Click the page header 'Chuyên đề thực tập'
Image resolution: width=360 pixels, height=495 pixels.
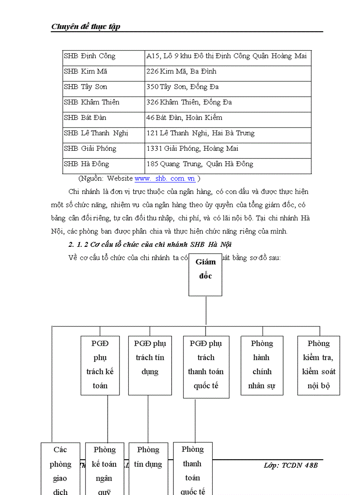point(86,26)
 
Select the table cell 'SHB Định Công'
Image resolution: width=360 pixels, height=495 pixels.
point(90,56)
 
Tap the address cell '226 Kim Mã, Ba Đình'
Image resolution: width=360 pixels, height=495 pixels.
point(181,71)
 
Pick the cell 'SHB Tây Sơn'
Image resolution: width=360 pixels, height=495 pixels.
point(86,87)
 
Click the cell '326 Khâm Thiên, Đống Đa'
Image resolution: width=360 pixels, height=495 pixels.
point(189,102)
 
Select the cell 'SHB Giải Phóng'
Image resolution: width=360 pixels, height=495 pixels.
point(90,149)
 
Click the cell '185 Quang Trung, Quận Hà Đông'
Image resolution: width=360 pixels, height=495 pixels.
point(200,164)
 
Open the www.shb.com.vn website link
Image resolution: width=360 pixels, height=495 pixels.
point(165,179)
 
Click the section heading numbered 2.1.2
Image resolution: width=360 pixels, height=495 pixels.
point(150,245)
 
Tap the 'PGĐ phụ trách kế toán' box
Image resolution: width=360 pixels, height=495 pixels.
point(100,365)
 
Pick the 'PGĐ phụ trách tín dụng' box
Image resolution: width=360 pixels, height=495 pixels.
point(150,365)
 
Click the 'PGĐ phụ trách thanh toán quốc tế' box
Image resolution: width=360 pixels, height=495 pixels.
point(206,367)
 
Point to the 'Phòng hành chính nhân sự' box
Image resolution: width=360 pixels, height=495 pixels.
point(262,365)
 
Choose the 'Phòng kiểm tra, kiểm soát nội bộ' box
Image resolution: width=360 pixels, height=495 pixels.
point(319,365)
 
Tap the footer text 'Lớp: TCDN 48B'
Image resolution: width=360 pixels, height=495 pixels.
point(290,465)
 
